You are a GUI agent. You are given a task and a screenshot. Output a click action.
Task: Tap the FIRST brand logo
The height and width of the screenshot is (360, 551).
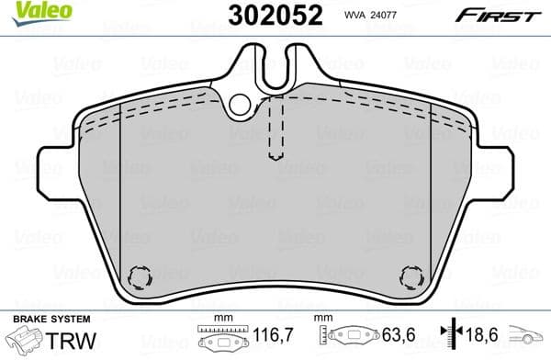click(498, 15)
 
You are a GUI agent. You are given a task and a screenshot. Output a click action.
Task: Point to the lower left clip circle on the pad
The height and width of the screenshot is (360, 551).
click(140, 276)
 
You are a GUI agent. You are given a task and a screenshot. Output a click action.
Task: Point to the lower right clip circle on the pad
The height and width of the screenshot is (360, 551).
click(410, 276)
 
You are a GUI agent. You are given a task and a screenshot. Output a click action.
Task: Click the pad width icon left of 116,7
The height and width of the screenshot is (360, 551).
click(218, 339)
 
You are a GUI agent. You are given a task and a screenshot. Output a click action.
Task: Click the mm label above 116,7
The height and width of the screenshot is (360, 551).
click(218, 318)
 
